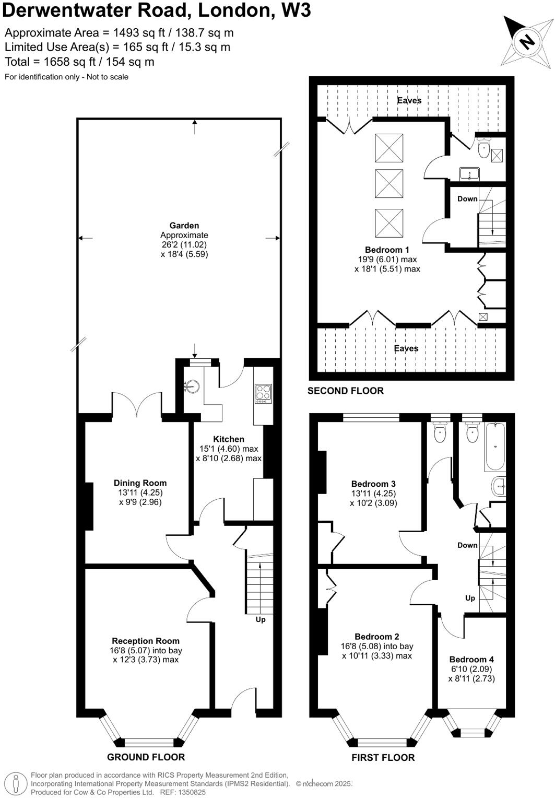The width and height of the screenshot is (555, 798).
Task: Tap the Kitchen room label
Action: click(x=229, y=439)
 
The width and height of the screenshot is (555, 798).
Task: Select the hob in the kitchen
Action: click(x=263, y=393)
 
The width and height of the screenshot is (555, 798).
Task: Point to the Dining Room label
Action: click(x=140, y=483)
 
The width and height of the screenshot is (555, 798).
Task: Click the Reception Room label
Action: click(x=145, y=641)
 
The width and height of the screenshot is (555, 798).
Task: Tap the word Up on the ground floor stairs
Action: click(x=261, y=619)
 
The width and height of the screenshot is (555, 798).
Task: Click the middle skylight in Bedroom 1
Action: click(x=389, y=184)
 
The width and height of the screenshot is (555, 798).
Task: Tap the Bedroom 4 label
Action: click(x=471, y=660)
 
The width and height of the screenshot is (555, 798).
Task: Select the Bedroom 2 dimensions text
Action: click(x=377, y=651)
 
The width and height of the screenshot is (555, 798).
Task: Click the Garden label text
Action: click(x=184, y=226)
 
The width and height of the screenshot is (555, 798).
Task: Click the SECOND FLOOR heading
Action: click(x=346, y=391)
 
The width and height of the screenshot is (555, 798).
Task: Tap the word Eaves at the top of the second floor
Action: click(x=409, y=100)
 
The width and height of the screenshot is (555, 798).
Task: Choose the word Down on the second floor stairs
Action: click(x=467, y=198)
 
